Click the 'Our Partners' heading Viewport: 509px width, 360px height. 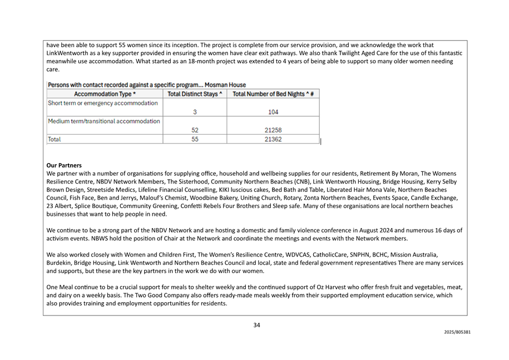click(64, 165)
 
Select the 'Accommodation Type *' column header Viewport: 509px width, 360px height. click(105, 93)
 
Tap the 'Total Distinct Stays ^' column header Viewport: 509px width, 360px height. click(195, 93)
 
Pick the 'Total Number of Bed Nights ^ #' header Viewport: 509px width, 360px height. click(273, 93)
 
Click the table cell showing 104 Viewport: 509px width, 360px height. click(273, 112)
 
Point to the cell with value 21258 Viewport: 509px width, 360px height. click(273, 130)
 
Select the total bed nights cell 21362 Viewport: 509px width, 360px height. click(273, 140)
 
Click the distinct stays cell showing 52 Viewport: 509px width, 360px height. click(195, 130)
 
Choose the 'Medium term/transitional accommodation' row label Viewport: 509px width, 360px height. click(104, 121)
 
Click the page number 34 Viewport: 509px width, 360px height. click(256, 325)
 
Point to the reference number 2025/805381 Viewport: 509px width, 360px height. click(457, 332)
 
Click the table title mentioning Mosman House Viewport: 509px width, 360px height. click(147, 85)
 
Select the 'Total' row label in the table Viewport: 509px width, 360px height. click(55, 140)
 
